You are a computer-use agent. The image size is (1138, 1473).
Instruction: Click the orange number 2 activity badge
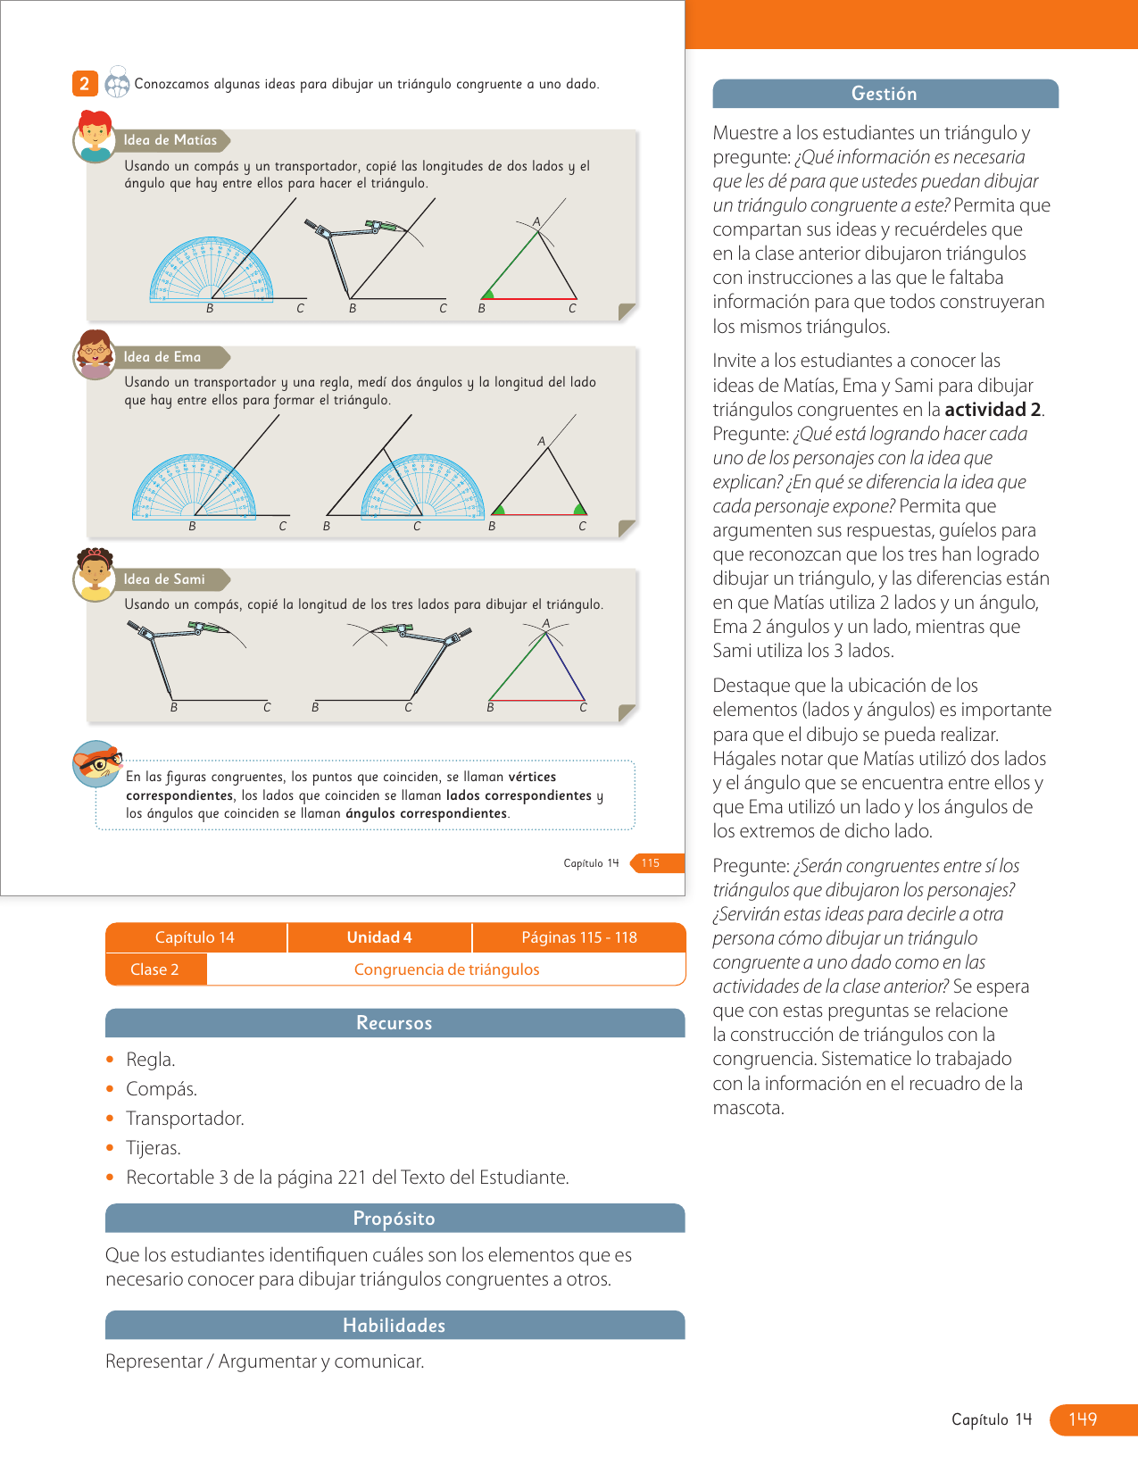coord(84,84)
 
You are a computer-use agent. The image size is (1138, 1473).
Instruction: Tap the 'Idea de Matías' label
coord(170,140)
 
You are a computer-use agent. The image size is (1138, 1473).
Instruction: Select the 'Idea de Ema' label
coord(162,357)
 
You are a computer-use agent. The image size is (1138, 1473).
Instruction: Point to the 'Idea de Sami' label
coord(164,579)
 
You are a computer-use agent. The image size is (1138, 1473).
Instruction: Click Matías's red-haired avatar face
coord(94,137)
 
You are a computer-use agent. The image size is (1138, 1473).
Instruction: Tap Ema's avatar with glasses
coord(94,354)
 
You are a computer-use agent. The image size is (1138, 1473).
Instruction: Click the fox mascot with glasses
coord(96,763)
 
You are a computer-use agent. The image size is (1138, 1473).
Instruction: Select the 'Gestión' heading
coord(885,94)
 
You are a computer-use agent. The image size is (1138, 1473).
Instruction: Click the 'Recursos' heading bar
coord(395,1023)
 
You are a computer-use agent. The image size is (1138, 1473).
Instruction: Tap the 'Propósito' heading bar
coord(395,1219)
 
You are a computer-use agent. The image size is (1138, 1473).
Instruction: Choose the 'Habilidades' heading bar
coord(395,1326)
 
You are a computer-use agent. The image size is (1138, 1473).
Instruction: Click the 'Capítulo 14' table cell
coord(195,937)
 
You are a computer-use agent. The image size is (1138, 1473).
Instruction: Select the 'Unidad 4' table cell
coord(379,937)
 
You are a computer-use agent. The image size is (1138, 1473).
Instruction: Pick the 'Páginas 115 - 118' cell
coord(579,937)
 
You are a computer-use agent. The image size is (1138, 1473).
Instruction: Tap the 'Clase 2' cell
coord(154,970)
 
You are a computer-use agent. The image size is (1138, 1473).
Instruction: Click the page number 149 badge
coord(1083,1419)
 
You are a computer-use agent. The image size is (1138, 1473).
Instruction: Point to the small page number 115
coord(651,863)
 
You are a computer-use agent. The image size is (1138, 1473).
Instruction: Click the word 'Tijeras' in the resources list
coord(153,1148)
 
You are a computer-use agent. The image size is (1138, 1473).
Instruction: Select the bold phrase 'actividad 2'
coord(993,410)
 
